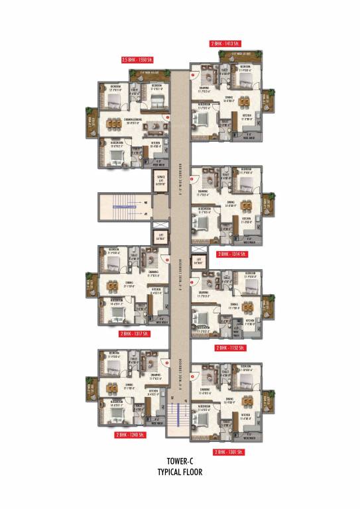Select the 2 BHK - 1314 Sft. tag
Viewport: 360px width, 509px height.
click(x=232, y=254)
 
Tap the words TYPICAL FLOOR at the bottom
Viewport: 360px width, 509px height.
click(x=180, y=473)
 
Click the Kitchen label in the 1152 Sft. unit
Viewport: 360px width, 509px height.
click(x=250, y=321)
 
